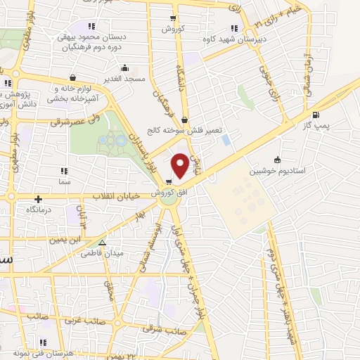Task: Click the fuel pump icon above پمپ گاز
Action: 316,115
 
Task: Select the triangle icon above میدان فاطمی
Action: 103,243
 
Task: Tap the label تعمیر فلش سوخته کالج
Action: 174,131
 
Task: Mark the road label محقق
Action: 108,289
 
